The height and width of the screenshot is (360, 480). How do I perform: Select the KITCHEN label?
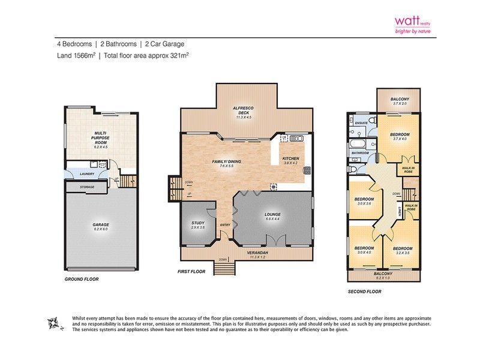pyautogui.click(x=291, y=159)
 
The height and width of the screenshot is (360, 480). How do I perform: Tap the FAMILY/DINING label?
pyautogui.click(x=226, y=162)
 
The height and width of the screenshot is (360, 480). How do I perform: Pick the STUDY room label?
pyautogui.click(x=197, y=223)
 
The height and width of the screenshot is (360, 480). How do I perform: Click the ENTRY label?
pyautogui.click(x=225, y=225)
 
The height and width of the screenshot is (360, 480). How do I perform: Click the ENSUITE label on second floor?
pyautogui.click(x=361, y=122)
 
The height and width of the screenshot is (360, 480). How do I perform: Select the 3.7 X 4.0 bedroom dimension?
pyautogui.click(x=400, y=139)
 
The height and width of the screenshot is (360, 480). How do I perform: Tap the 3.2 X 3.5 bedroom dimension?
pyautogui.click(x=402, y=253)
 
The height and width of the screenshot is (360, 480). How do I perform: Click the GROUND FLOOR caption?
pyautogui.click(x=82, y=280)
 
